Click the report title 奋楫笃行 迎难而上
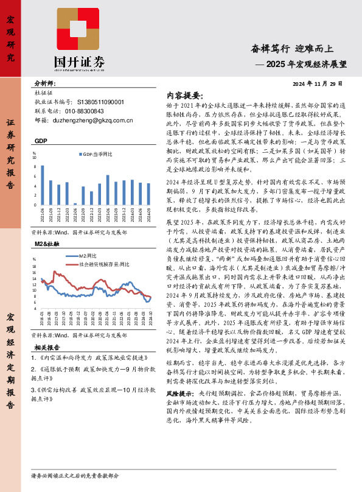tap(299, 49)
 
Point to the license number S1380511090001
tap(92, 102)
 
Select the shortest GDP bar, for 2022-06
tap(75, 204)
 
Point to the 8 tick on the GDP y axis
tap(35, 167)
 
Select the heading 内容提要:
tap(183, 96)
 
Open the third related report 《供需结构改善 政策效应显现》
tap(91, 388)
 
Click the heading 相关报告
tap(46, 346)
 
